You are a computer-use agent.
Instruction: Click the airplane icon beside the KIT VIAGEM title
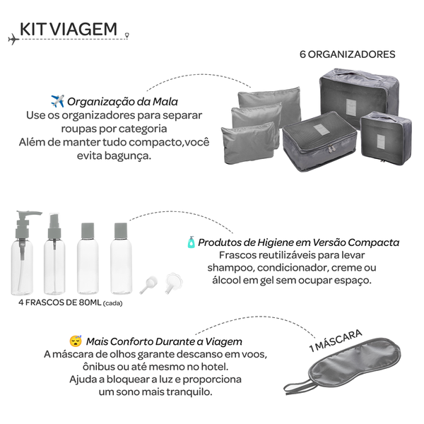pos(13,40)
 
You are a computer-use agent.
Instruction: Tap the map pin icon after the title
pos(127,35)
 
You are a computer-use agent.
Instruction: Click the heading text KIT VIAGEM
pos(69,29)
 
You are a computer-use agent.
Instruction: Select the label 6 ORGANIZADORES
pos(348,54)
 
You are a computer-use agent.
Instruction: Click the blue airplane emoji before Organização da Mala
pos(58,101)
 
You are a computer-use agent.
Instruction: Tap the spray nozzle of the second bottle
pos(54,226)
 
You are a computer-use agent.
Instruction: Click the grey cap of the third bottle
pos(88,230)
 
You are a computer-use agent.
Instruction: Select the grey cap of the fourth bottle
pos(121,230)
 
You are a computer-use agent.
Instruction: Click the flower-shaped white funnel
pos(173,283)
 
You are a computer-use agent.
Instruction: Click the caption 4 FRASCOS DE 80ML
pos(60,302)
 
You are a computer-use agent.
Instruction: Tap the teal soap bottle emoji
pos(192,242)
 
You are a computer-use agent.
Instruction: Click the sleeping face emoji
pos(76,341)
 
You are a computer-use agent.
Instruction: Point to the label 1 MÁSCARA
pos(336,341)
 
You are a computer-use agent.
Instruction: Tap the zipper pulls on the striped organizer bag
pos(331,148)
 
